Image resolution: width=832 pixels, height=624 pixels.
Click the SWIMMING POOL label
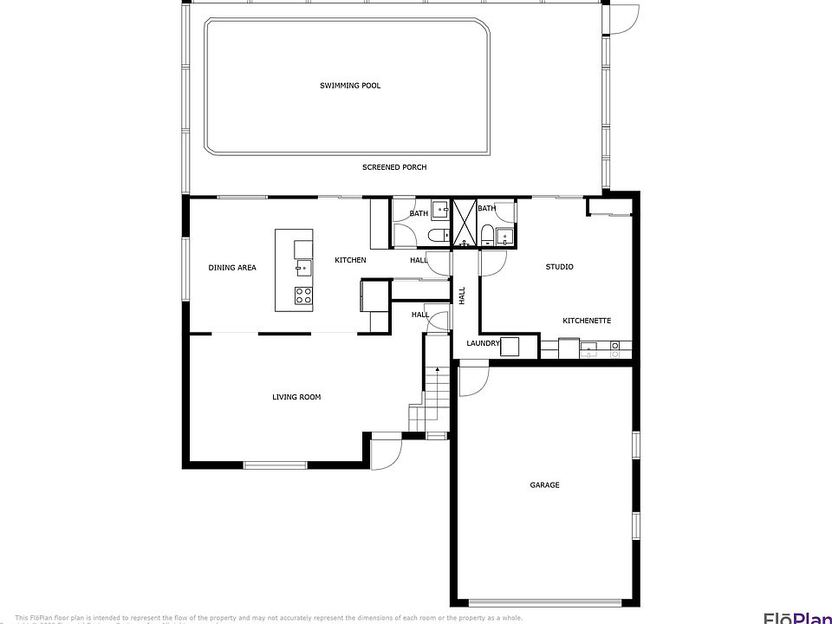point(350,86)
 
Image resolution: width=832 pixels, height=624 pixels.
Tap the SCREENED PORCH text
point(394,167)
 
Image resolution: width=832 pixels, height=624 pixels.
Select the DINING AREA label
point(232,268)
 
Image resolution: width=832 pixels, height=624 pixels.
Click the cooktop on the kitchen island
point(303,295)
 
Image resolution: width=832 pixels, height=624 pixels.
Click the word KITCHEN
point(350,260)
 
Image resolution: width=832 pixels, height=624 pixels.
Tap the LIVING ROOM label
point(296,397)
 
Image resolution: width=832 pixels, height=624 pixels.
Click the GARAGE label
point(544,485)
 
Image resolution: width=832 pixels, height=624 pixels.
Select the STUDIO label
point(559,267)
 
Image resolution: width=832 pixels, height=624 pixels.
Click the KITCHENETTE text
point(587,321)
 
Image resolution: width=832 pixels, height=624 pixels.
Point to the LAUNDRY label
point(483,343)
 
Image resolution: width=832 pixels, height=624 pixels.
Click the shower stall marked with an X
point(465,223)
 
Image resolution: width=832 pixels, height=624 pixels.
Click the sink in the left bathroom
point(440,209)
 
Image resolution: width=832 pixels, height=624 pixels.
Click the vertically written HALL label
point(462,295)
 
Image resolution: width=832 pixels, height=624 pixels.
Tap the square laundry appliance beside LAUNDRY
point(510,347)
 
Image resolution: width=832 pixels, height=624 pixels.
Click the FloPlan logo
point(796,616)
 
